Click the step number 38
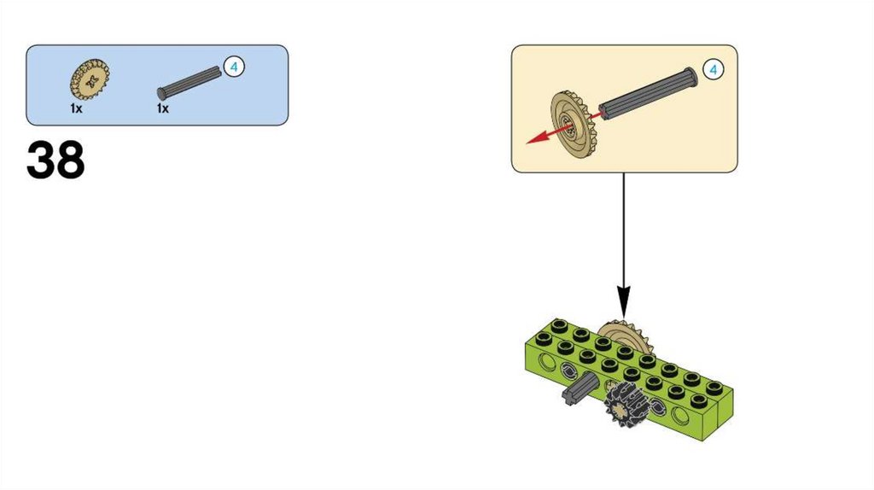56,160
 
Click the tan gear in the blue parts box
89,80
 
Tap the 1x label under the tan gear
77,109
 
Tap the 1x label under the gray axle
162,109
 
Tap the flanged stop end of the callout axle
689,77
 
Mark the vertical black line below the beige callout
623,230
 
